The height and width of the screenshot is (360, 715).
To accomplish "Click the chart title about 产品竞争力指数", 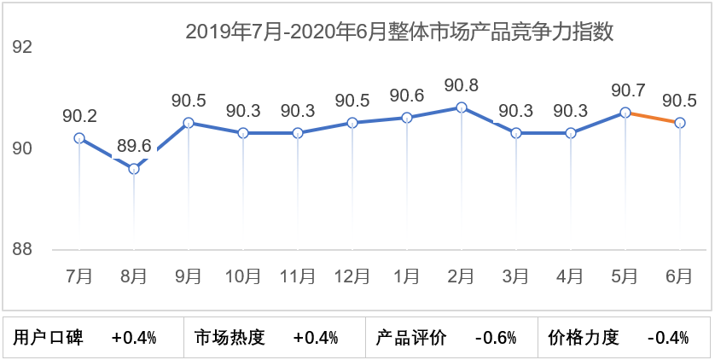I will (400, 32).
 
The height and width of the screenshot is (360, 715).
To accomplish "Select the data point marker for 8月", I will (134, 169).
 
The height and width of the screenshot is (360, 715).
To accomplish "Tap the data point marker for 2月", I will (462, 107).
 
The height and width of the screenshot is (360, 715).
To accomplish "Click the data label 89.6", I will (134, 146).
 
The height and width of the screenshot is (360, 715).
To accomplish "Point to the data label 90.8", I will (462, 85).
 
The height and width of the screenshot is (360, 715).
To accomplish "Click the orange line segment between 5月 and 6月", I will (653, 118).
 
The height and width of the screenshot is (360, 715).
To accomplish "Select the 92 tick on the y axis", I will (21, 47).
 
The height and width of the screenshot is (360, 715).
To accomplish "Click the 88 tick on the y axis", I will (21, 250).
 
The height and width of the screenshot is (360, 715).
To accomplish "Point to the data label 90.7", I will (625, 90).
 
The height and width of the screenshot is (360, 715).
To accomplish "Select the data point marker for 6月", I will (680, 123).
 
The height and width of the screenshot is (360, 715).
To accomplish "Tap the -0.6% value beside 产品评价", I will (496, 338).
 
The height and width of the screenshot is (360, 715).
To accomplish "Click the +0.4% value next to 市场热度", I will (316, 338).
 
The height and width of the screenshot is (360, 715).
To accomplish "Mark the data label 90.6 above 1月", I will (407, 96).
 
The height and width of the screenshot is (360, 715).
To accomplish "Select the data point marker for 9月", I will (189, 123).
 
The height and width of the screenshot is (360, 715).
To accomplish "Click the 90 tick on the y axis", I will (21, 149).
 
